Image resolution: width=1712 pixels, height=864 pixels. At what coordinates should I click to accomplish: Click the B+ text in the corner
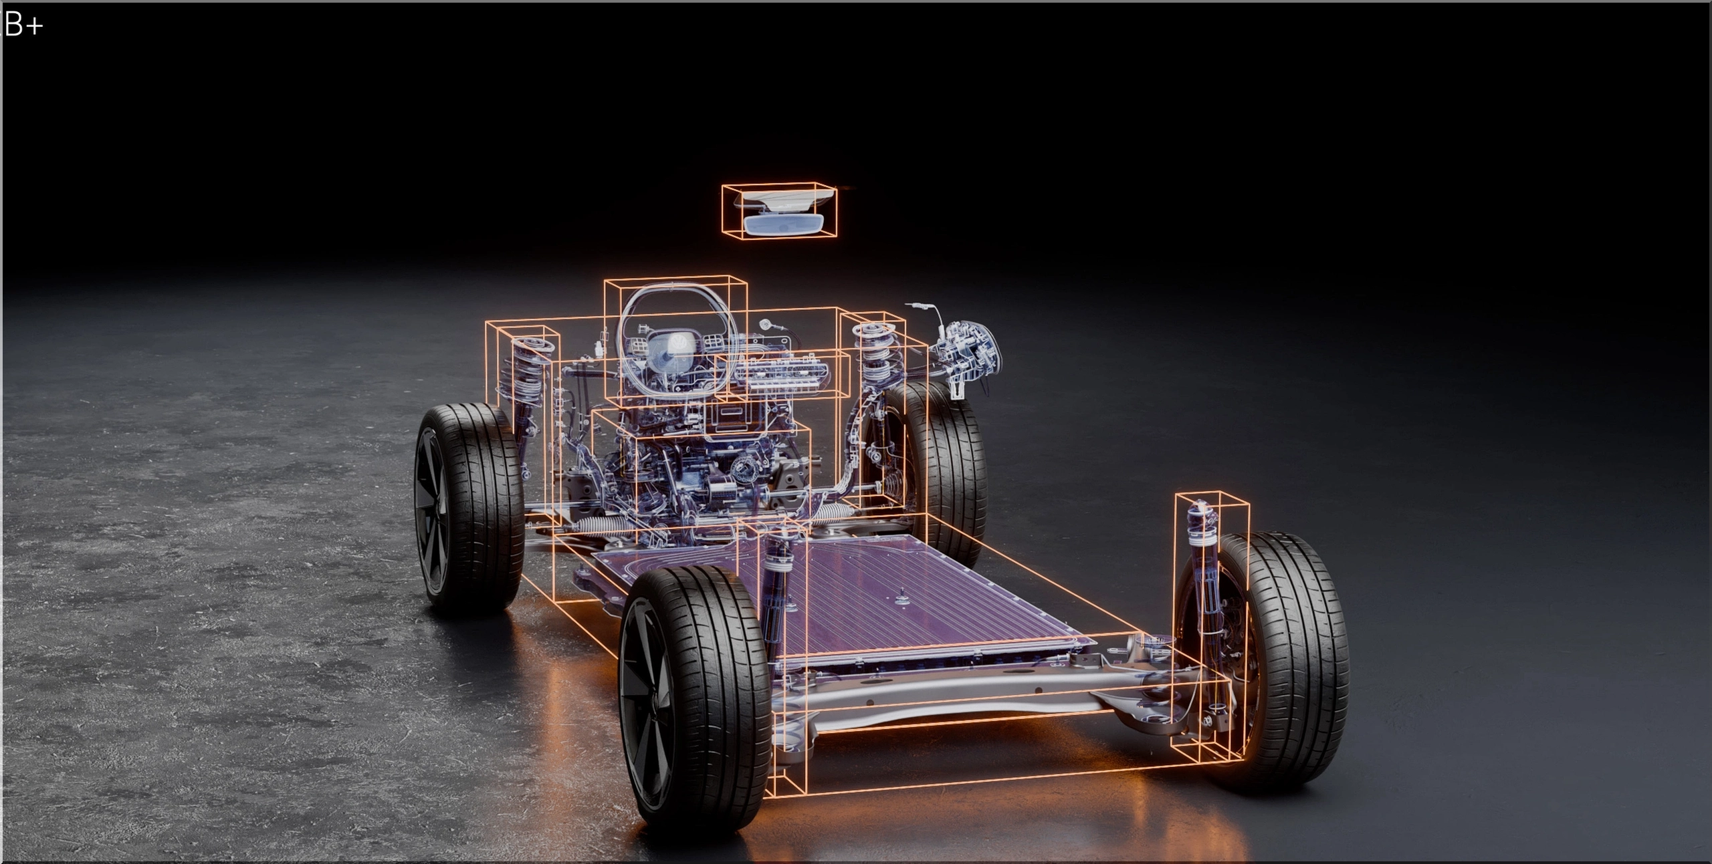[23, 25]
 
